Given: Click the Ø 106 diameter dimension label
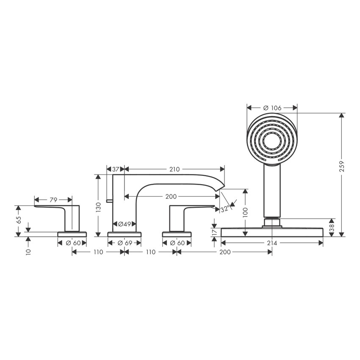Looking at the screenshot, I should [272, 108].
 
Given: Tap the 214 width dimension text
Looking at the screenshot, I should [272, 243].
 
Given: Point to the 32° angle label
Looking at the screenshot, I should [225, 208].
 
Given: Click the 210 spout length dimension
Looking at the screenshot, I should [174, 169].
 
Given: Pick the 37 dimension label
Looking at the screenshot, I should [115, 169].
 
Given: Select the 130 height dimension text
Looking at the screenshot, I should [98, 207].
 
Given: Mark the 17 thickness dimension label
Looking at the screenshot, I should [214, 232].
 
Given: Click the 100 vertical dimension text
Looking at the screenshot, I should [245, 212].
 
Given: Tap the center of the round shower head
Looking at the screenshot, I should [272, 139].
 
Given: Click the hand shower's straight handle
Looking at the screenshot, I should [272, 191].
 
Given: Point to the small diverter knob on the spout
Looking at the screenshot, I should [109, 200].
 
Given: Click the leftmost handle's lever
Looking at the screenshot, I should [51, 208].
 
